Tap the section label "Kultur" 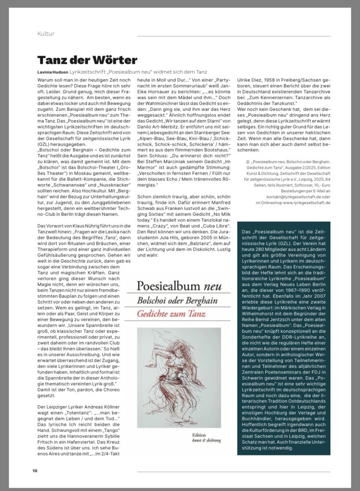46,34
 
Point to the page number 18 35,470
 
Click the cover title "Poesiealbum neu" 179,286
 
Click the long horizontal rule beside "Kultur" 233,36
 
